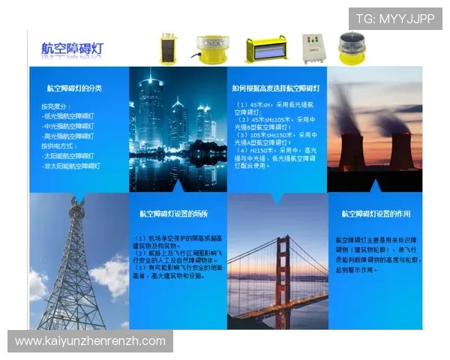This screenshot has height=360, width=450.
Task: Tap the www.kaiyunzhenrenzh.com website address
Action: pyautogui.click(x=90, y=341)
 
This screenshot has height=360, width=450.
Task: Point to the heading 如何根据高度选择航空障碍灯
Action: pyautogui.click(x=276, y=88)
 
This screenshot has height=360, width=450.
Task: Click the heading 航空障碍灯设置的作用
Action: pyautogui.click(x=376, y=214)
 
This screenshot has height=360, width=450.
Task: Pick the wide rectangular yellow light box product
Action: pyautogui.click(x=266, y=49)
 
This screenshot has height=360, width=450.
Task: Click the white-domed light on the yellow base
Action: pyautogui.click(x=210, y=49)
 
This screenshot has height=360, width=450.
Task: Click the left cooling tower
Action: pyautogui.click(x=351, y=150)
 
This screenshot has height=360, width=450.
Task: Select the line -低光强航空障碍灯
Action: pyautogui.click(x=68, y=116)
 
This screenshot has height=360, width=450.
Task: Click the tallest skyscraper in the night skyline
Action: pyautogui.click(x=151, y=112)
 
